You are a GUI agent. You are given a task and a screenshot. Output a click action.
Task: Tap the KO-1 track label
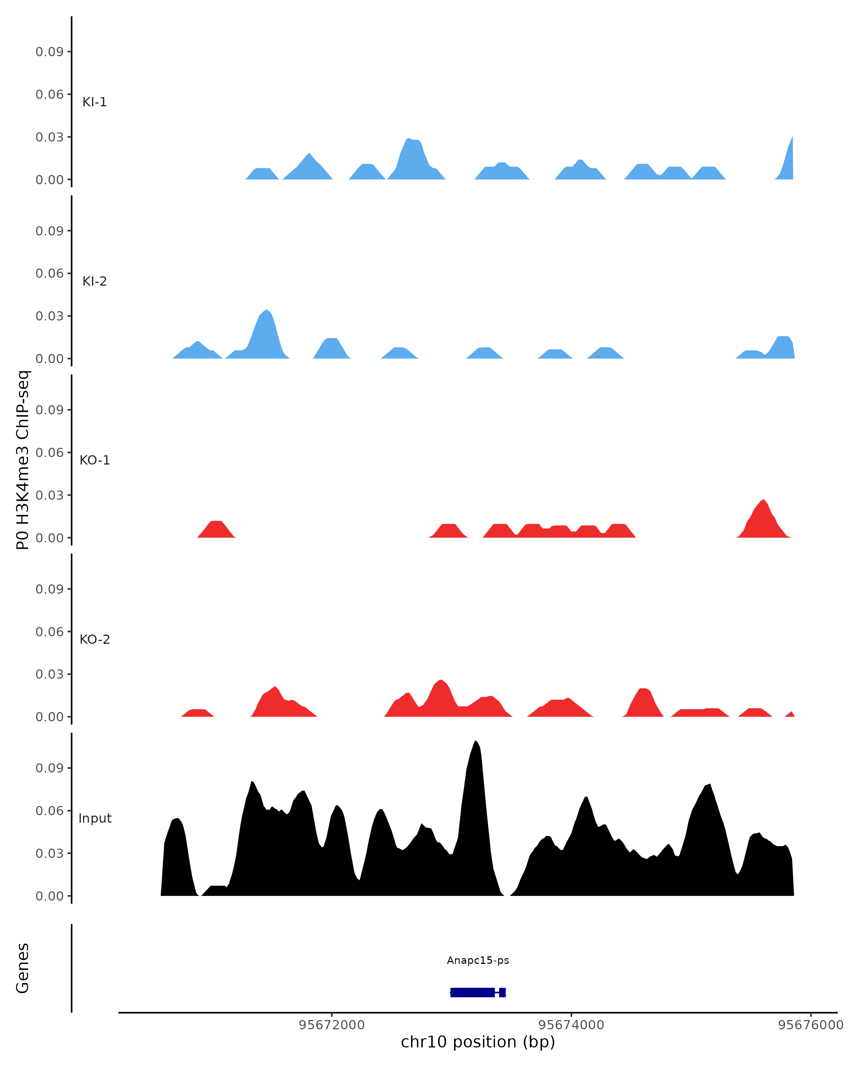click(x=95, y=460)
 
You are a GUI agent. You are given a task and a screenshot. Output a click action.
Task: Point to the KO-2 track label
click(x=95, y=639)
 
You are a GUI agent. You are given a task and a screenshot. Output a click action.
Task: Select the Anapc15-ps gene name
click(x=478, y=961)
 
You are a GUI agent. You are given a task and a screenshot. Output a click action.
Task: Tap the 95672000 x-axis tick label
click(x=331, y=1025)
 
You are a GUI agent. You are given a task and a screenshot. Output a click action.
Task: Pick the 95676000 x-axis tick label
click(x=811, y=1025)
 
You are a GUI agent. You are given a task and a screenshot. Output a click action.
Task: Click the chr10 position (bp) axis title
click(x=478, y=1042)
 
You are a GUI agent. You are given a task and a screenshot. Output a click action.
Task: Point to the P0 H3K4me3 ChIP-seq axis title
click(x=23, y=460)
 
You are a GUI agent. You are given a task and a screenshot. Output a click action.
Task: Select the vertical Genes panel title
click(x=23, y=968)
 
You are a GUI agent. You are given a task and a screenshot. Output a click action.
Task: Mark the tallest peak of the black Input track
click(x=475, y=742)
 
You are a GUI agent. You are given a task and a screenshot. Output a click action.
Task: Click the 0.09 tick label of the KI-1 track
click(x=49, y=52)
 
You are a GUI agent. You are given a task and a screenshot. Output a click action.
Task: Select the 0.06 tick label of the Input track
click(x=49, y=811)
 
